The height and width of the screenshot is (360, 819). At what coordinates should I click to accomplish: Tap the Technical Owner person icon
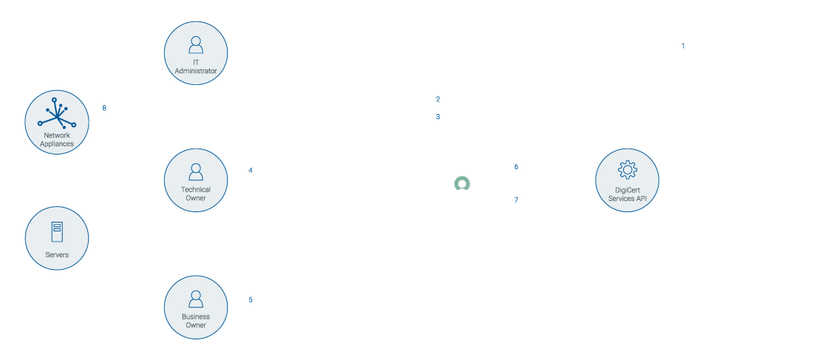196,173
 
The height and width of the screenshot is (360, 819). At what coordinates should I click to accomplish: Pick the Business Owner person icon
196,299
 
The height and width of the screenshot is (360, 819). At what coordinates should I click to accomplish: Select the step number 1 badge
682,45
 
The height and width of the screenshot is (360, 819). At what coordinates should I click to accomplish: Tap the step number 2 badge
438,99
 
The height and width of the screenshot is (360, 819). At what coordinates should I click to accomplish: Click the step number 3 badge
438,117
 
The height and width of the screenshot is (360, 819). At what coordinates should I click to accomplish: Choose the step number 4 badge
250,170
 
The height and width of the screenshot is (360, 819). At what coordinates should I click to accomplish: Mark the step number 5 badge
250,299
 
